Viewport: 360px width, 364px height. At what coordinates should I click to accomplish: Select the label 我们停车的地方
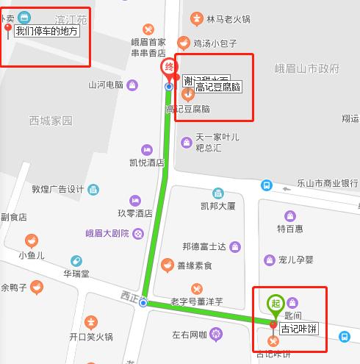click(46, 32)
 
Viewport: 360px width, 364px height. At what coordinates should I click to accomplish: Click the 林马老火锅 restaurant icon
click(196, 18)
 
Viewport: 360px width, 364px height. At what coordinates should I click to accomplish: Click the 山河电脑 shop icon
click(132, 85)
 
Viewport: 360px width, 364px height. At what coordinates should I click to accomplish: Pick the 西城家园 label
click(51, 120)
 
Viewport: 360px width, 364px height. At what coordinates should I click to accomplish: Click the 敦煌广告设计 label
click(58, 189)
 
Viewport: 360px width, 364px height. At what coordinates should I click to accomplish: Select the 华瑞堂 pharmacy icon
click(76, 261)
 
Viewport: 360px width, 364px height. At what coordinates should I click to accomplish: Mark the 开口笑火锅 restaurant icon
click(91, 321)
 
